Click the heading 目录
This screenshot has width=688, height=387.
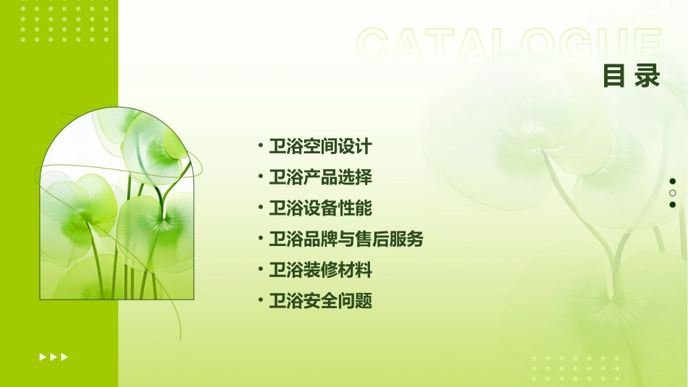632,76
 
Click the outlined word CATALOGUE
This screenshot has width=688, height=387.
509,45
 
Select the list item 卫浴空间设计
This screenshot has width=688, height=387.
320,146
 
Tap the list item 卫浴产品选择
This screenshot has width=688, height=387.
320,177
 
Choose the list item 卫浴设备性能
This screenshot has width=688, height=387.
320,208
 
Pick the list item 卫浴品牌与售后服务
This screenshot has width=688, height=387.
345,239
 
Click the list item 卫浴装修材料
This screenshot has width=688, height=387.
320,271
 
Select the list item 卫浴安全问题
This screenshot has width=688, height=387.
320,302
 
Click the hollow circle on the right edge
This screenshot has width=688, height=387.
673,193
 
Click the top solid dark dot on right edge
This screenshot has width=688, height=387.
673,182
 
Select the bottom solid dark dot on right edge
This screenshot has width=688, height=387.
673,205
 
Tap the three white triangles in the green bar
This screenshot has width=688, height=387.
54,357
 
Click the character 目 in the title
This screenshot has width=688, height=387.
614,76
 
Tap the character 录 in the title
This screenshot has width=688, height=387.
648,76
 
